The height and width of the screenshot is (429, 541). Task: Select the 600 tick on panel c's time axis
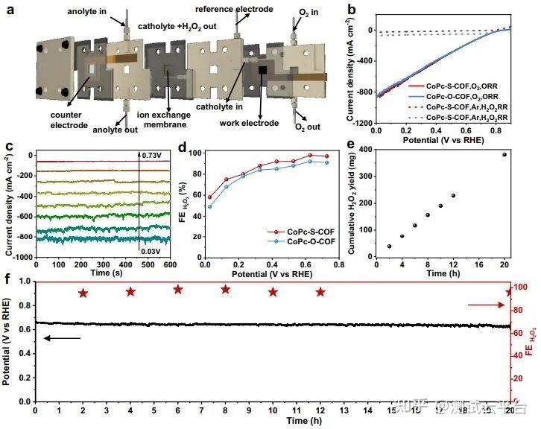(x=171, y=264)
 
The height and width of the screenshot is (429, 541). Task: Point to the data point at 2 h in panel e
(x=389, y=246)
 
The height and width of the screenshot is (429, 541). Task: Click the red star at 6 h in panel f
(x=177, y=289)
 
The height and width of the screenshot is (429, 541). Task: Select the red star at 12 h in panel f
(x=320, y=292)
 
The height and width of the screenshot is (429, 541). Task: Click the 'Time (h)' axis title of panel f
(x=271, y=422)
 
